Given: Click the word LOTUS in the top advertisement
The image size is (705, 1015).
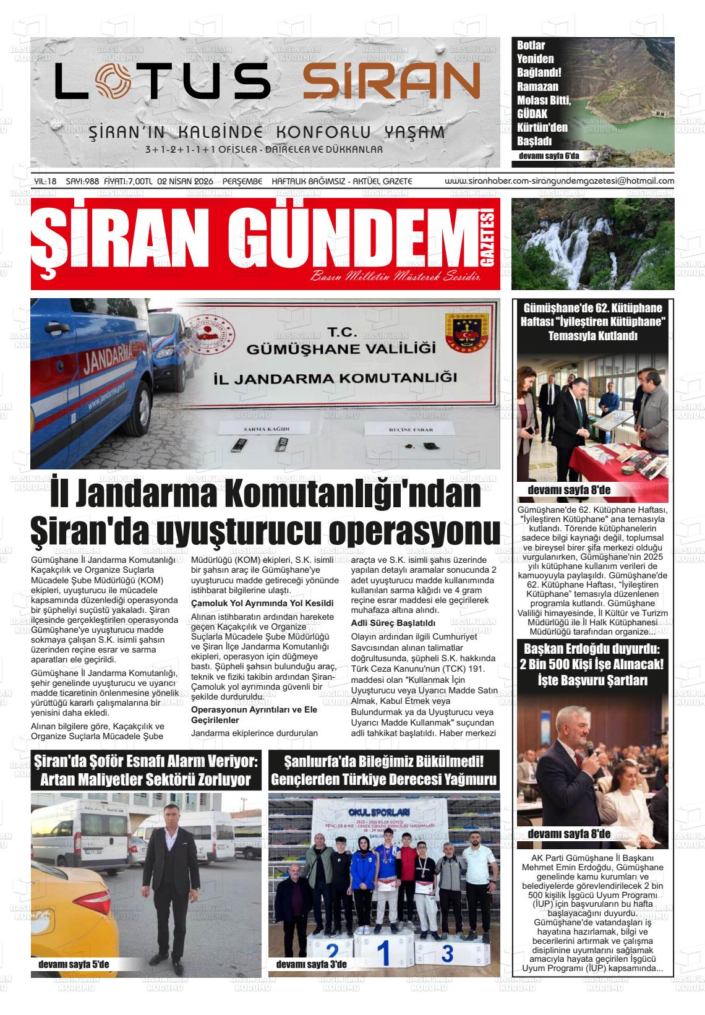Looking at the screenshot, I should coord(163,82).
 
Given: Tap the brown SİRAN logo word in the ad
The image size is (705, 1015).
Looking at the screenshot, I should coord(391,82).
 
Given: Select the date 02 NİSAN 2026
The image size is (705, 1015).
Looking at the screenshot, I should coord(186,181).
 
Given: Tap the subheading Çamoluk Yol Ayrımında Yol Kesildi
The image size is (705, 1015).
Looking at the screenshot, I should coord(262,602).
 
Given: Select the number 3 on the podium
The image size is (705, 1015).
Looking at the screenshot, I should coord(447,952).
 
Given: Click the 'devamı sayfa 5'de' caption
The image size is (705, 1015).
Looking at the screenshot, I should coord(73,964).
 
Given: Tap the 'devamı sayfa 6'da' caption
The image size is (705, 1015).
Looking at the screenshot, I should coord(550,156).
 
